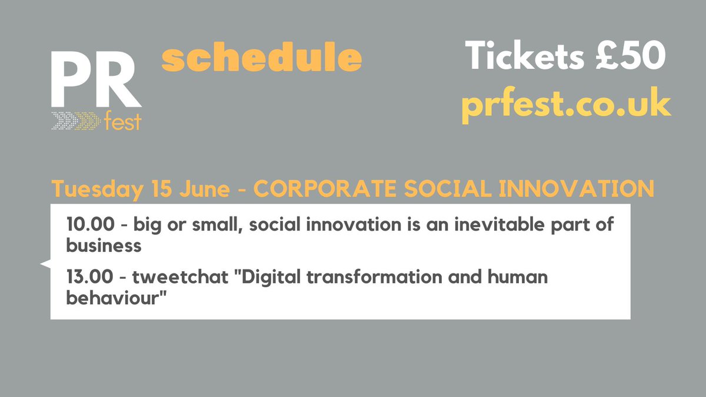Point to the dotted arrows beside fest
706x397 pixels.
click(75, 121)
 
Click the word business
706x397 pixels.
click(104, 245)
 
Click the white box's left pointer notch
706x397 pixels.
click(45, 264)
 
